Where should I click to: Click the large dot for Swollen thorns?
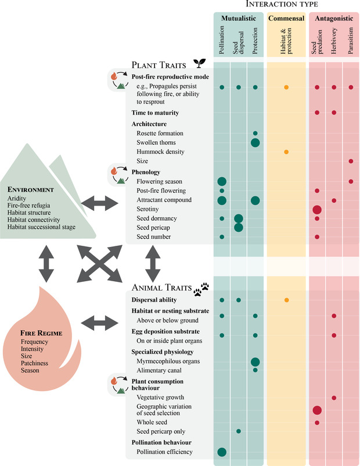pos(255,143)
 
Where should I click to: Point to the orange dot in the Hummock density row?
pos(286,152)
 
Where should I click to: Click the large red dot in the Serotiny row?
pos(317,209)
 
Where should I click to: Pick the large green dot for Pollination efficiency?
pos(222,451)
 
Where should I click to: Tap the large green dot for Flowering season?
pos(222,181)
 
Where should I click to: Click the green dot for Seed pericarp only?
pos(239,431)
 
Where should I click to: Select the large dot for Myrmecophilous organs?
pos(255,361)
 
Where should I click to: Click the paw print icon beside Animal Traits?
pos(204,286)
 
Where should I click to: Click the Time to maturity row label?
pos(155,112)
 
